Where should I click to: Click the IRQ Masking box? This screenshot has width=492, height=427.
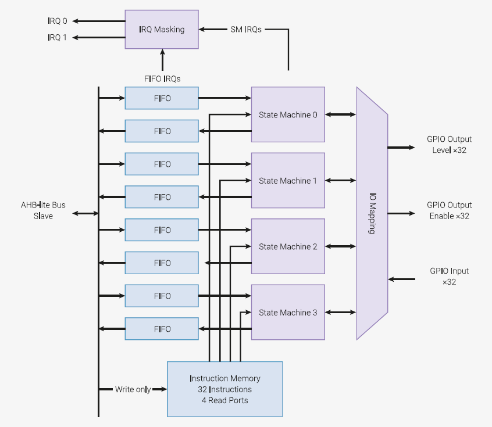click(162, 30)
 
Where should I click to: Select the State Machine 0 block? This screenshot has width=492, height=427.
click(288, 114)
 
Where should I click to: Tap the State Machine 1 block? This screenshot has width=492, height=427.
click(288, 180)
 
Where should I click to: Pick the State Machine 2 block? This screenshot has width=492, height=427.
click(288, 246)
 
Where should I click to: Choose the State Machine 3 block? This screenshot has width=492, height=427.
click(288, 312)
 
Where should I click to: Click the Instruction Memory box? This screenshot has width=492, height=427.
click(225, 389)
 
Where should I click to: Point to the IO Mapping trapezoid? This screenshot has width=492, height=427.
click(372, 213)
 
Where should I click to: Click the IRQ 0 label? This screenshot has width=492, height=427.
click(58, 21)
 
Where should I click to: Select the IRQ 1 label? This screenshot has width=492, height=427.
click(58, 38)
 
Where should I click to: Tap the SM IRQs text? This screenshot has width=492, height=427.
click(246, 30)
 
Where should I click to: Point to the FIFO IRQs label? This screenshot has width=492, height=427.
click(162, 78)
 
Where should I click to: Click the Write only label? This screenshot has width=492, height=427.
click(133, 389)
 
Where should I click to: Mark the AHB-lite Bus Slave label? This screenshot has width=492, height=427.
click(43, 210)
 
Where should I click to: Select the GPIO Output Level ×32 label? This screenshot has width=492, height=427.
click(450, 145)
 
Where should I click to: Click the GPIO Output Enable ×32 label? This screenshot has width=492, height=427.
click(450, 210)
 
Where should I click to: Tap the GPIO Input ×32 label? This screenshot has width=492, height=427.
click(450, 276)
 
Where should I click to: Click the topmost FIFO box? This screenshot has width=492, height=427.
click(162, 98)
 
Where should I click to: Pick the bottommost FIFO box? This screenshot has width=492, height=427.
click(162, 329)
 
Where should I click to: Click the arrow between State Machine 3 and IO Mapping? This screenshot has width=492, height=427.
click(340, 312)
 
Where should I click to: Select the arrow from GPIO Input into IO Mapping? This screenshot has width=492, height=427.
click(402, 279)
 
